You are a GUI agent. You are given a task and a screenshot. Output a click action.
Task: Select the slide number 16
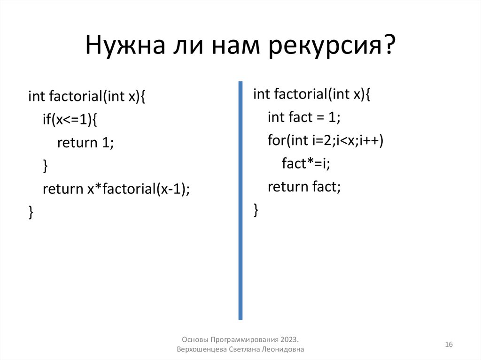(x=449, y=345)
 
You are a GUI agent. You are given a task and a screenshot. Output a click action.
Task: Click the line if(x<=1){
(x=70, y=120)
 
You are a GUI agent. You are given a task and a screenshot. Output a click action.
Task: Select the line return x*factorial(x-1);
(x=116, y=189)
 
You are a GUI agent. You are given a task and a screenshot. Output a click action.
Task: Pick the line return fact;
(x=303, y=187)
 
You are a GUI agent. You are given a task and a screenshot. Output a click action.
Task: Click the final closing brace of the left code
(x=31, y=212)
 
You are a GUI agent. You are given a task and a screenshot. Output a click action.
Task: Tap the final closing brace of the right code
(x=256, y=209)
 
